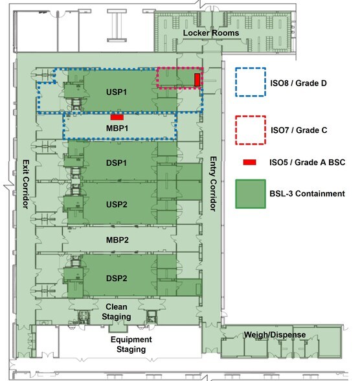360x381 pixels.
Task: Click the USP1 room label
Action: (117, 92)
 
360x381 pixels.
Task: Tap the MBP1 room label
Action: (117, 128)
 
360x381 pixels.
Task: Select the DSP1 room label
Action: (117, 163)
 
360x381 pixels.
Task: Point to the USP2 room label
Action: (117, 204)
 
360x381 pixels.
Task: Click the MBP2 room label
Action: (117, 240)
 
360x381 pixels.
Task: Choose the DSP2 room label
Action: (117, 278)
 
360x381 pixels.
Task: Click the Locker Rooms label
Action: (211, 33)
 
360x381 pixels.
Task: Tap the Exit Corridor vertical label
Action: (26, 184)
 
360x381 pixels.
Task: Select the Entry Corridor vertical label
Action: (213, 184)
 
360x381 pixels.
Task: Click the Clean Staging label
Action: (117, 312)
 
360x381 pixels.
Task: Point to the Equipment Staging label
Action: (131, 344)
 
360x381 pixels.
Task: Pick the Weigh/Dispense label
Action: (275, 334)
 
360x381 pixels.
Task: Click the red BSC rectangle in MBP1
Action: (117, 117)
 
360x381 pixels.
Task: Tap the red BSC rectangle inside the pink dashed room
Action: (197, 80)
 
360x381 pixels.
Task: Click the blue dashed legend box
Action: (251, 82)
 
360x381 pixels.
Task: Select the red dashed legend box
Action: (251, 130)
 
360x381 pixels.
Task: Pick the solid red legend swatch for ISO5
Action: (249, 162)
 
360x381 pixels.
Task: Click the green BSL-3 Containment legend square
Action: (251, 194)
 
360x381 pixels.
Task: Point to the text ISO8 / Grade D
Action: (298, 83)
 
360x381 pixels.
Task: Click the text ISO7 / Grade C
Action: (299, 130)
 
